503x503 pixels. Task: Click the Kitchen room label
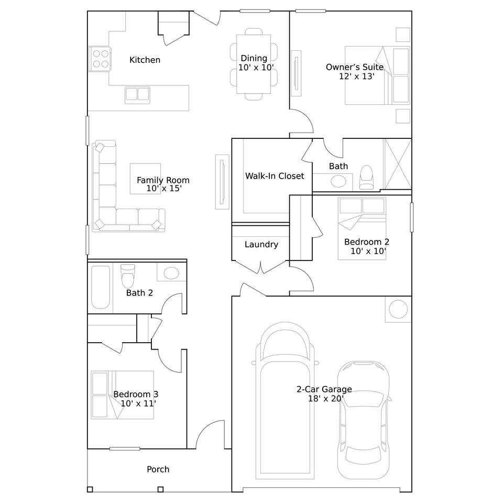click(145, 60)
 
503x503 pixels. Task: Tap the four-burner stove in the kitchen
click(100, 59)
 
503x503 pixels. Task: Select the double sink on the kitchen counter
click(138, 95)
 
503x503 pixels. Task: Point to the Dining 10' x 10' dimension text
click(256, 68)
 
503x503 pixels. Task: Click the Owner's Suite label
click(355, 67)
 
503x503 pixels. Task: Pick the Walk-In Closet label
click(275, 176)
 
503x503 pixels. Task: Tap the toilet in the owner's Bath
click(366, 177)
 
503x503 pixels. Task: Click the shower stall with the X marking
click(398, 164)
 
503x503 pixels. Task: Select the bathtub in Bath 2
click(101, 287)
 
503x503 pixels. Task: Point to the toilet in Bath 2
click(128, 276)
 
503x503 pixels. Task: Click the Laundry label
click(261, 245)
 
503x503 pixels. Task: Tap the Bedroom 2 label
click(367, 242)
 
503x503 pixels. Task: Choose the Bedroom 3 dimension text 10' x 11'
click(138, 403)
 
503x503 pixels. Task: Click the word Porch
click(158, 469)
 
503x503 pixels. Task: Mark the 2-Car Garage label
click(324, 389)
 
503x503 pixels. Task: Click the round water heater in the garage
click(398, 309)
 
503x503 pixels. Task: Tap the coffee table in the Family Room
click(145, 179)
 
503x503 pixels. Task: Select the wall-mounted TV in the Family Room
click(222, 182)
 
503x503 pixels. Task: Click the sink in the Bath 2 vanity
click(171, 273)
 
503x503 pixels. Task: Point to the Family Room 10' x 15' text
click(164, 189)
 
